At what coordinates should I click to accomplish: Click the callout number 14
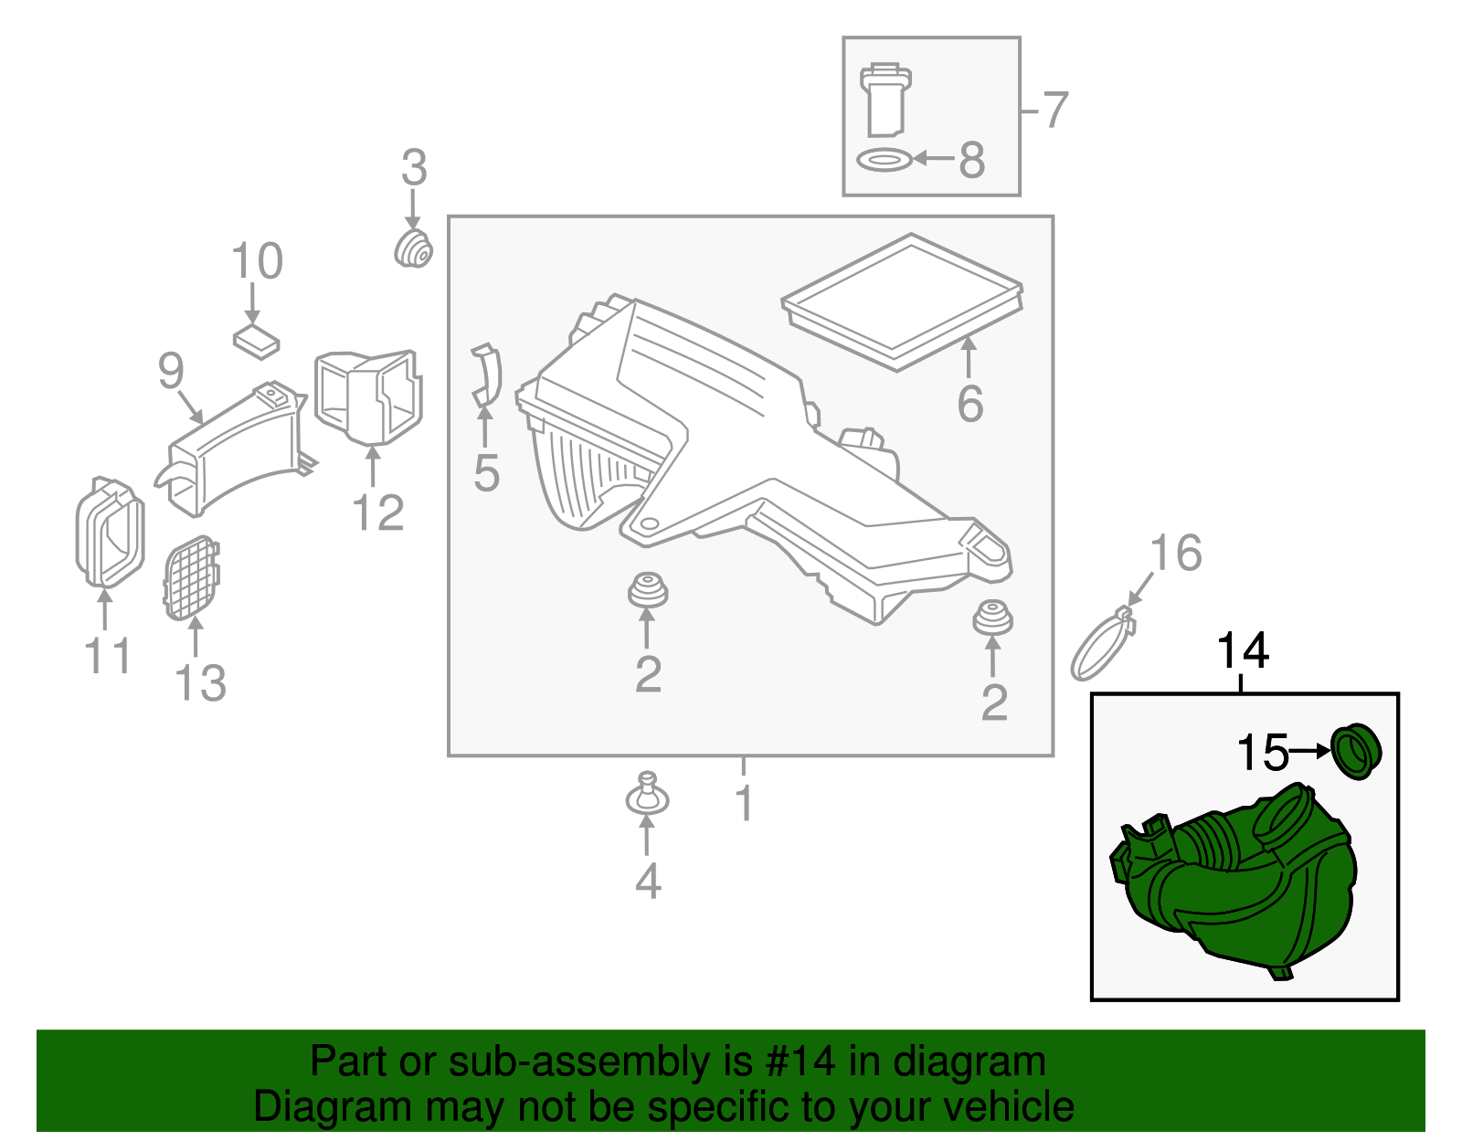coord(1243,650)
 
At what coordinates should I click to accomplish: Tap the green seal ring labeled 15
coord(1355,751)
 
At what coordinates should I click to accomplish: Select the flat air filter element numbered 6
coord(903,301)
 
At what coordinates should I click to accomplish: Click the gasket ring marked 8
coord(885,161)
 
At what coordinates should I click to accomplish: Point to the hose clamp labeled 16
coord(1103,646)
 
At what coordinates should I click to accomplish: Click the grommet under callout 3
coord(413,249)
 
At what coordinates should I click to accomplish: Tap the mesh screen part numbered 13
coord(191,577)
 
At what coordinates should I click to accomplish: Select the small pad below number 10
coord(256,341)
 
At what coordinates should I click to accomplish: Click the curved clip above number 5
coord(487,375)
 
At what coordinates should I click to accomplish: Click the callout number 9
coord(171,370)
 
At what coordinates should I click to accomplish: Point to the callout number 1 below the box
coord(744,803)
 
